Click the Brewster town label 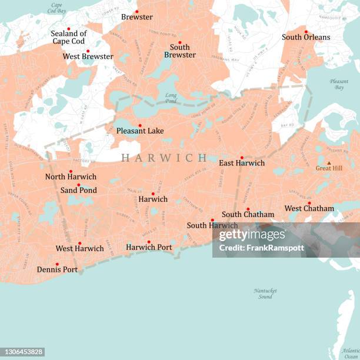136,17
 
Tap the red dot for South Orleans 306,32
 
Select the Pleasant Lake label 140,131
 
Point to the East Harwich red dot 242,158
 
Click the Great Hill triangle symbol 329,162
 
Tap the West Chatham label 309,208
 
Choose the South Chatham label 248,215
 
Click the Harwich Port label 149,247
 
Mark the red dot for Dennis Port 57,264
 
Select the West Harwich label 79,248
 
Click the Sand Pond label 78,190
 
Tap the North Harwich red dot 71,171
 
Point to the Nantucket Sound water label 265,294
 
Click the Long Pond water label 171,98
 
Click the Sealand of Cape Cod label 68,37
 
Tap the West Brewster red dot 88,51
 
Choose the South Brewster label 180,51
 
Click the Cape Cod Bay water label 56,8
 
